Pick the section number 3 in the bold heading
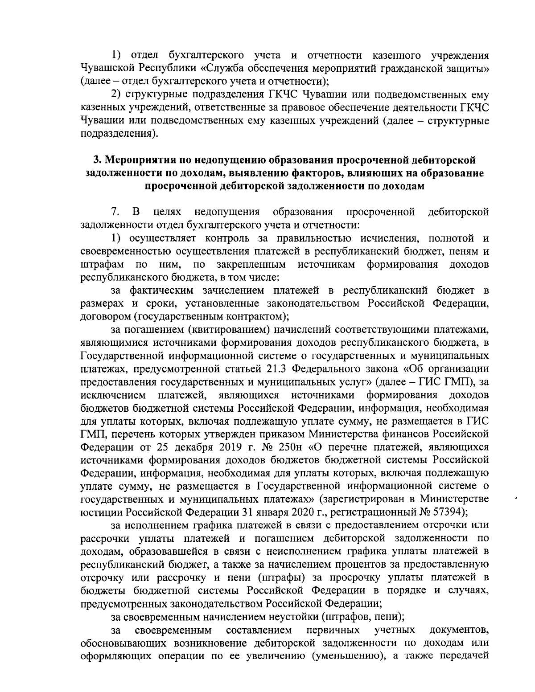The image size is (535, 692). [95, 160]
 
